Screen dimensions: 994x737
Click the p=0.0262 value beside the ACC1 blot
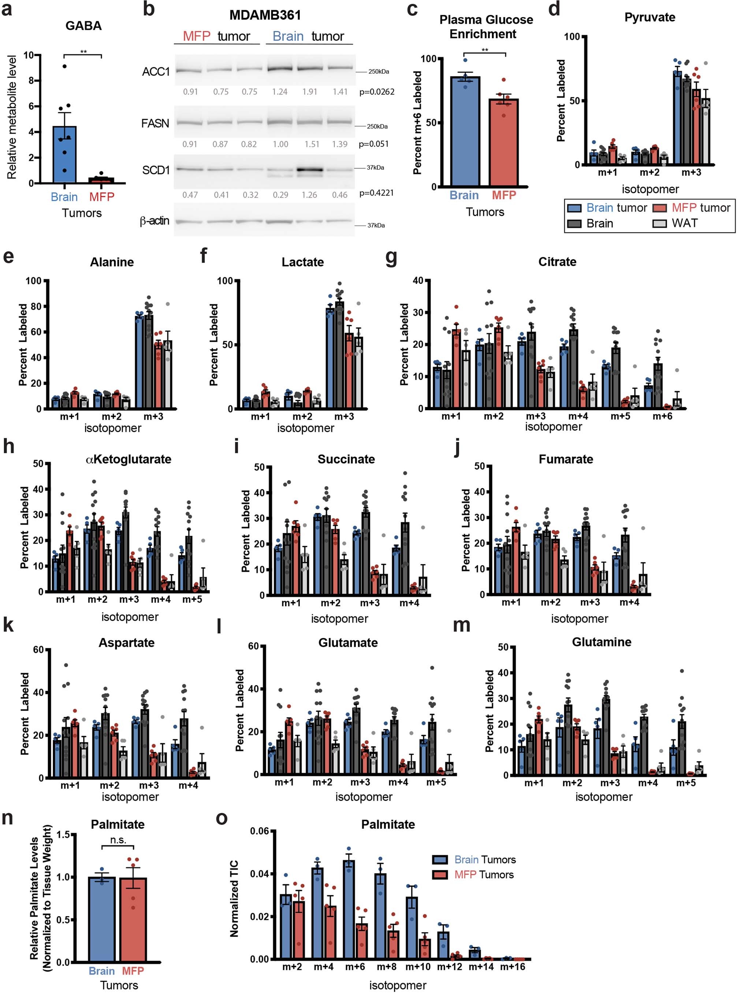coord(377,92)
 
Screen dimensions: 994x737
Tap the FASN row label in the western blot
coord(155,123)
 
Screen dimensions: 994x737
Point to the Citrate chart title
coord(557,262)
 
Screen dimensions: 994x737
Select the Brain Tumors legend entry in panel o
coord(484,859)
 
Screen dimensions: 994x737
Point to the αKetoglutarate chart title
coord(128,459)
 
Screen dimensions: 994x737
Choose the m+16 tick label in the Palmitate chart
coord(512,967)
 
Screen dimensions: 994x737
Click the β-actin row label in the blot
coord(155,221)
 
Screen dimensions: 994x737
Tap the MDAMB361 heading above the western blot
coord(265,15)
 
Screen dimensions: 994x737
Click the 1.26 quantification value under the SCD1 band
coord(310,195)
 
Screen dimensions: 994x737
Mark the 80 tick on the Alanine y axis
coord(36,306)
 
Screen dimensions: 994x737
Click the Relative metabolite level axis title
coord(12,117)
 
